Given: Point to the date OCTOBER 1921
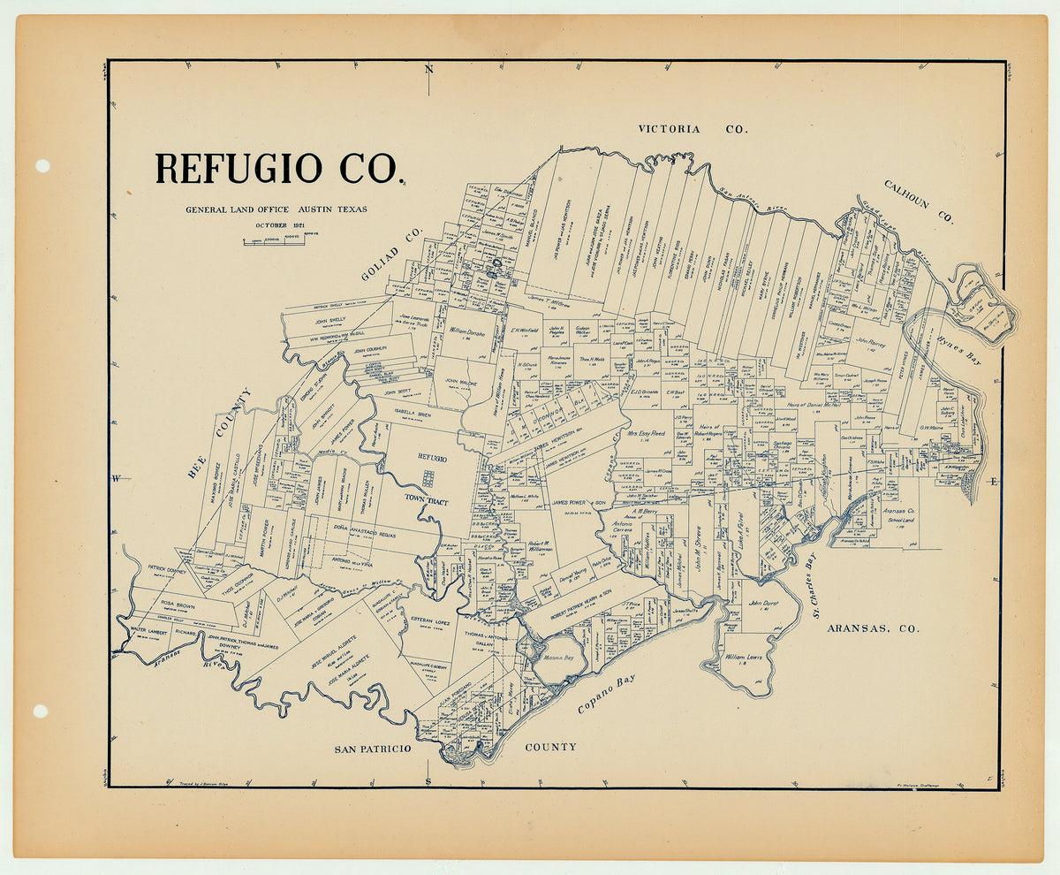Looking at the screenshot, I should pos(276,224).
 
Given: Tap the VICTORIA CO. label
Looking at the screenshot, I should pos(693,129).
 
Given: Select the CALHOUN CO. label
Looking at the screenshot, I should pos(919,201).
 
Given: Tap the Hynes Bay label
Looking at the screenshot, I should pos(958,339).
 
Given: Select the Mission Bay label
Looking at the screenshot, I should pos(557,658).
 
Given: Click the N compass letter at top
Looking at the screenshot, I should pos(428,69).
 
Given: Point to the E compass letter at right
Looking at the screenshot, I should pos(993,482).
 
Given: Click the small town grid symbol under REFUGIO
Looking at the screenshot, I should pos(428,478).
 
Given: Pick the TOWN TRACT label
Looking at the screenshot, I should pos(427,501).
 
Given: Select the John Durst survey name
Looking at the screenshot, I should pos(763,603).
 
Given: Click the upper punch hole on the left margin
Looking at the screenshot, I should pos(42,166).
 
